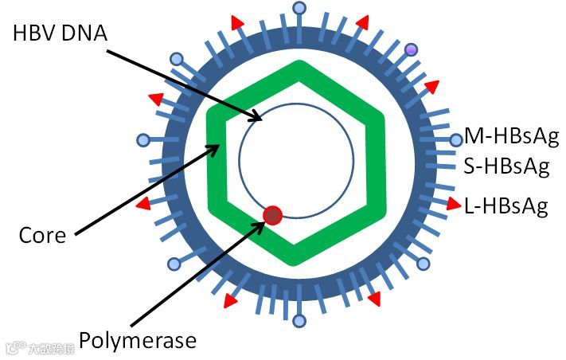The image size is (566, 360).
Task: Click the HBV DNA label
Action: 59,33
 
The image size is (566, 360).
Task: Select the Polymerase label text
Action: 137,341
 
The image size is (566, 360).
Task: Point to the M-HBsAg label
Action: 505,134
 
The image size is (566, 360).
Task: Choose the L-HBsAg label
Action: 506,206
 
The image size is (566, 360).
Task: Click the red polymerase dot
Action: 273,214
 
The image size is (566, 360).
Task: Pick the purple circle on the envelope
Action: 412,50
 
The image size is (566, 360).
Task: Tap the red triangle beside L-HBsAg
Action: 454,203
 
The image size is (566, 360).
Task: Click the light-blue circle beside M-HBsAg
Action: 455,140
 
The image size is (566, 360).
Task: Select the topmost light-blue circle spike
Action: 299,9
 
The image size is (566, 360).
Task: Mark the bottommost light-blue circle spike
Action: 299,321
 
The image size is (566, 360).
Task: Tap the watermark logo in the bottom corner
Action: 14,348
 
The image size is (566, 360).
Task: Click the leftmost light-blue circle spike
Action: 143,141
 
